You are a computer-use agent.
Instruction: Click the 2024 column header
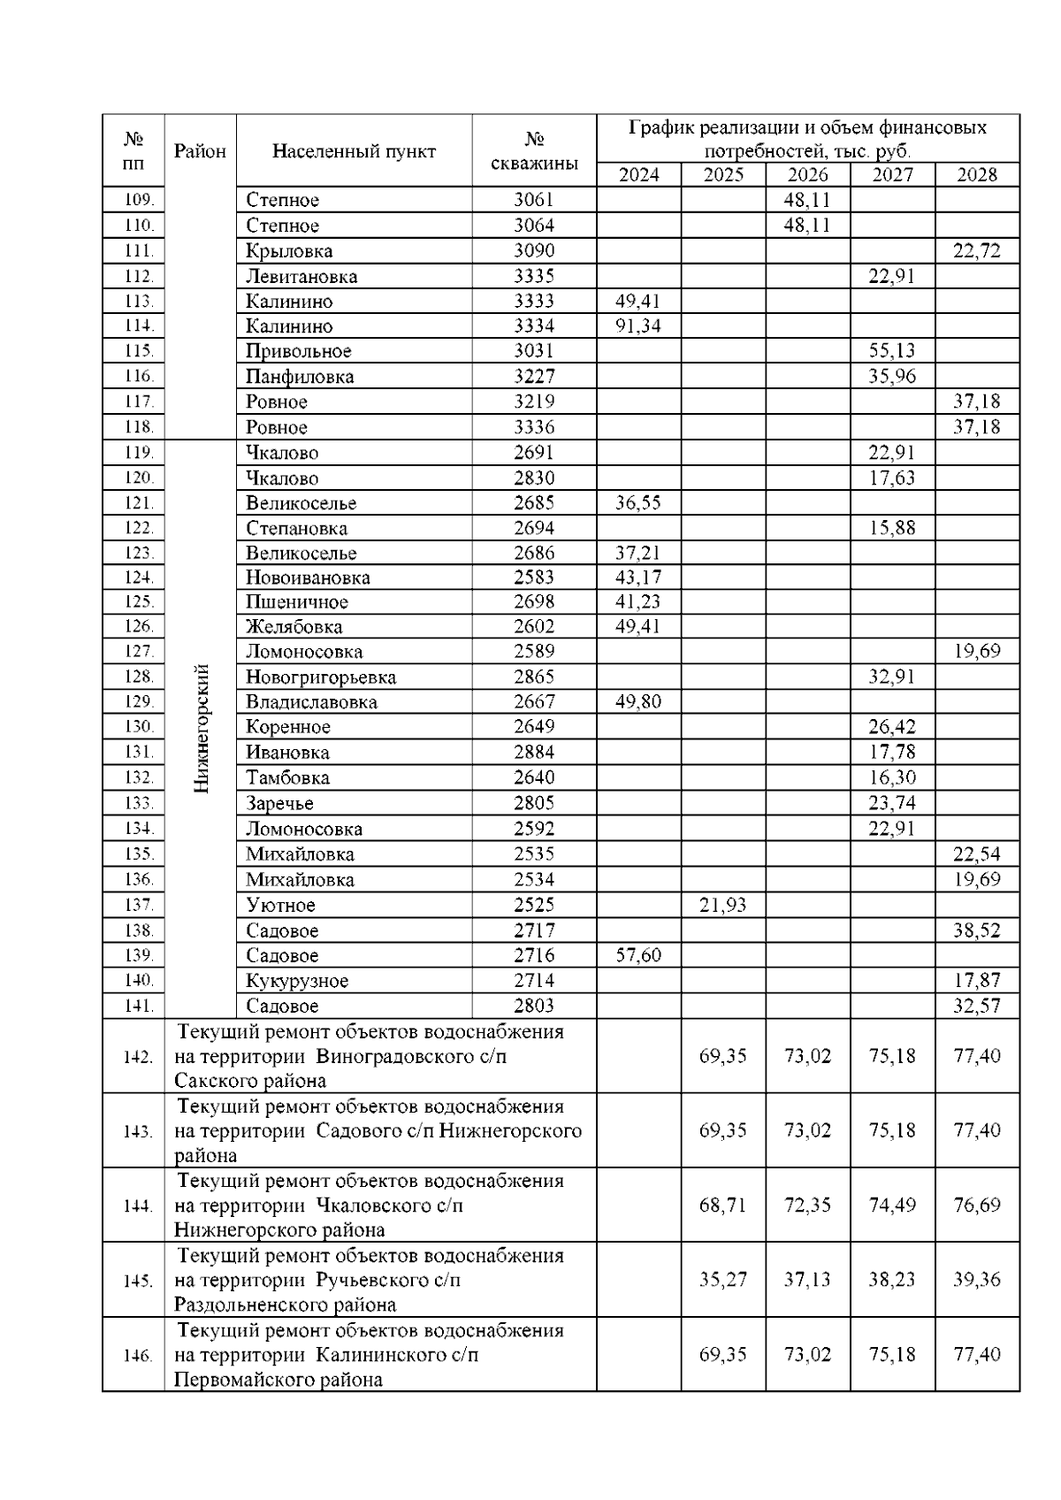638,174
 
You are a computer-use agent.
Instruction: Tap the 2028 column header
977,174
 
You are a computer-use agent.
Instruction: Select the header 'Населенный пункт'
354,150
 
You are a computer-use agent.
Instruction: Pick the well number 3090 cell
534,250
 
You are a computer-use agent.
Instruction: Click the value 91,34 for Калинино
638,325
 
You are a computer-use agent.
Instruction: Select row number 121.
139,503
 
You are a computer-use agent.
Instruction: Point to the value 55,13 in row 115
892,350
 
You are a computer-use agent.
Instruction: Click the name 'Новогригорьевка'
321,677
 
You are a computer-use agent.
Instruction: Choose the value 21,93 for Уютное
723,905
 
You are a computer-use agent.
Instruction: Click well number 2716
534,955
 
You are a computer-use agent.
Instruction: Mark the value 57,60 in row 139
638,955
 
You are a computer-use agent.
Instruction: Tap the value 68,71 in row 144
723,1205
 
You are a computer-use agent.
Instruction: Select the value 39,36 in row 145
977,1280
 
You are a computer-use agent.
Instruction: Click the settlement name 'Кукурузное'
297,981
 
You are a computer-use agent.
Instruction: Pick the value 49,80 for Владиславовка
638,701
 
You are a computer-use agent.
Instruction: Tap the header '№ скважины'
534,150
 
